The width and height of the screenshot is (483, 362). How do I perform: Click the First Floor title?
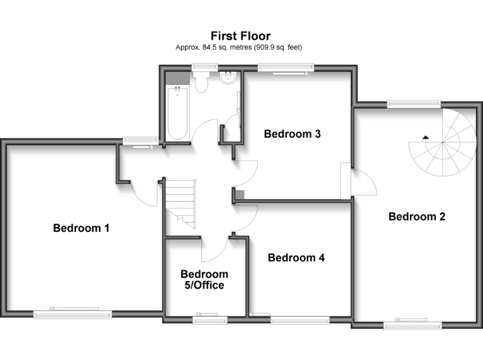click(x=241, y=36)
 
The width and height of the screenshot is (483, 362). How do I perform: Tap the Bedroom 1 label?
click(x=81, y=228)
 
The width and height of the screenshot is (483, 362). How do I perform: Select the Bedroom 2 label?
click(x=417, y=217)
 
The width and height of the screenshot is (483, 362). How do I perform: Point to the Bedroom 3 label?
click(x=292, y=134)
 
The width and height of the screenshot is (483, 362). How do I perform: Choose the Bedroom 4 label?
click(x=296, y=257)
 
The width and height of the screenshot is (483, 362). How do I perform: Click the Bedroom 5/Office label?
click(x=204, y=280)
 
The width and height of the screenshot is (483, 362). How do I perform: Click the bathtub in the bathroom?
click(x=177, y=113)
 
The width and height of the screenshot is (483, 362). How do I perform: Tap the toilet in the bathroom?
click(x=202, y=82)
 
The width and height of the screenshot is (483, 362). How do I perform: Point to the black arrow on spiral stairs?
click(x=426, y=136)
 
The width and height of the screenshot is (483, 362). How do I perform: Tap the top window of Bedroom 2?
click(x=413, y=104)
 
